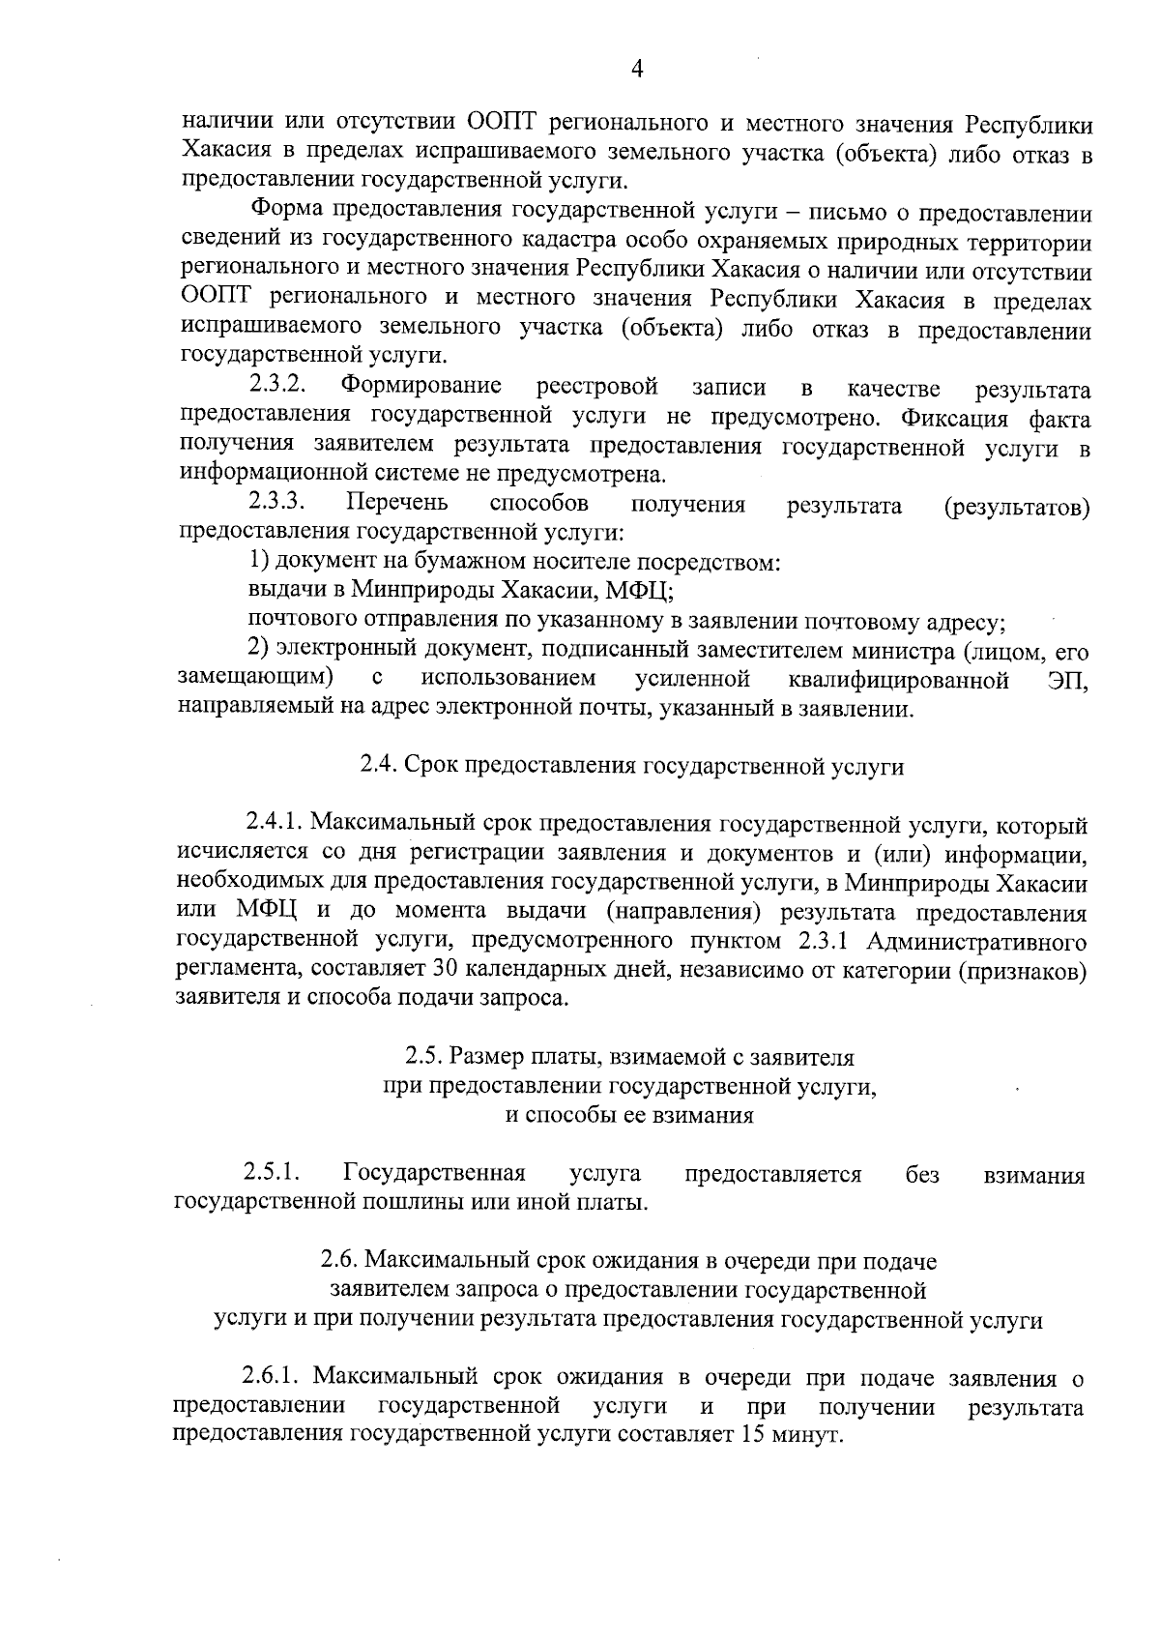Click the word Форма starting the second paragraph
click(x=284, y=209)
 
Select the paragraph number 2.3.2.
click(x=278, y=385)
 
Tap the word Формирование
click(x=420, y=387)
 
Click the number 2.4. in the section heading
click(x=378, y=766)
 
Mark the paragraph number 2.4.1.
click(x=275, y=824)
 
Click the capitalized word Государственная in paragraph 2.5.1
click(x=434, y=1174)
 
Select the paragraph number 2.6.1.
click(x=274, y=1377)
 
